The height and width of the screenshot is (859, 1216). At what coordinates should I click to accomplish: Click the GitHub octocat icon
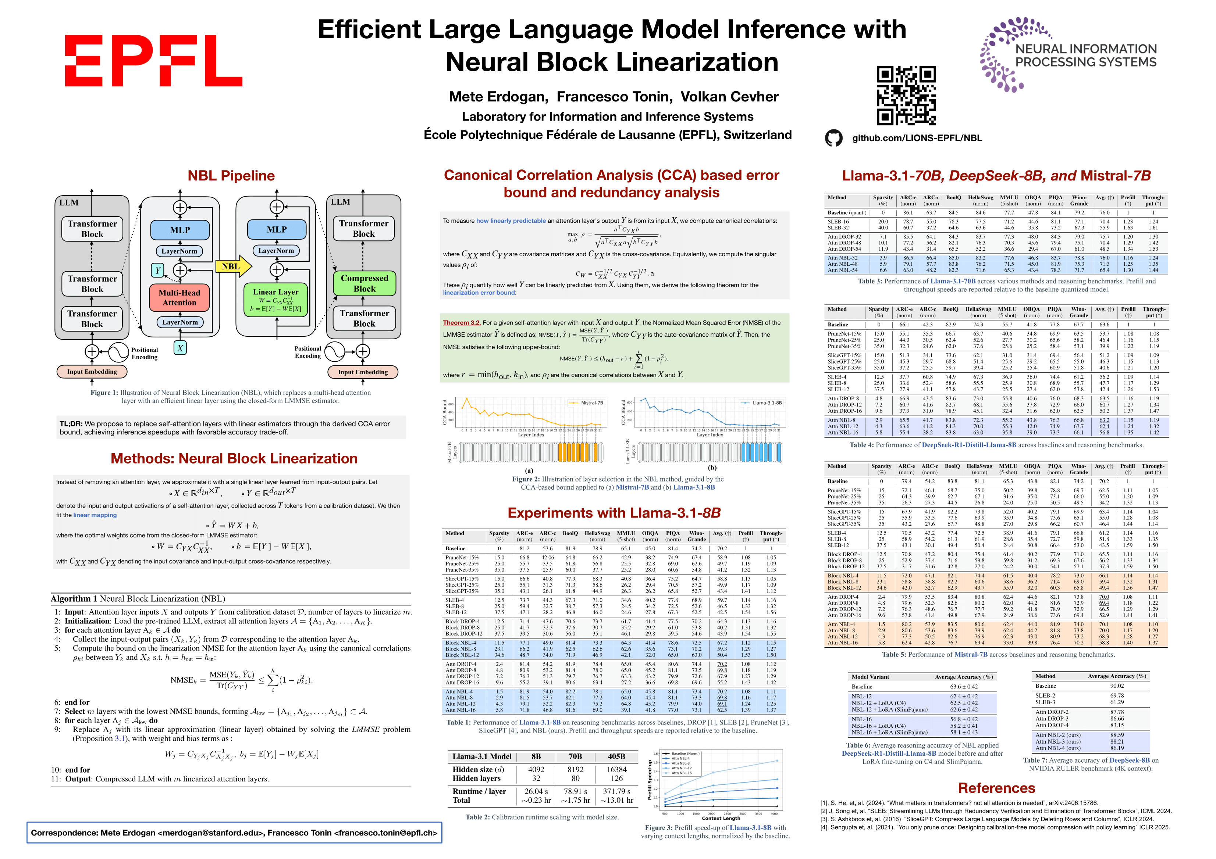tap(833, 138)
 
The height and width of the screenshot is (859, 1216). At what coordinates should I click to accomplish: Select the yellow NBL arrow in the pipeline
tap(232, 266)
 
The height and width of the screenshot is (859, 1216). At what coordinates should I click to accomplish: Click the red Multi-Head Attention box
tap(179, 297)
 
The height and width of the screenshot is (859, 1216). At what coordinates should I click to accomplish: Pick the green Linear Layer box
tap(275, 300)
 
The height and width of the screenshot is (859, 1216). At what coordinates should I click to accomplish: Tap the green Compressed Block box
tap(365, 283)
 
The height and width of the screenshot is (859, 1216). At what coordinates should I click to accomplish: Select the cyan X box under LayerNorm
tap(180, 348)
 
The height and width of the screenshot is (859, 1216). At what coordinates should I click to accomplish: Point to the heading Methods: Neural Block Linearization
tap(234, 458)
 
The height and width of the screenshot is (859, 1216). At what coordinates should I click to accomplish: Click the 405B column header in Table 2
tap(616, 756)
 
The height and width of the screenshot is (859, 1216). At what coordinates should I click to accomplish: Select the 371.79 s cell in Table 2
tap(616, 791)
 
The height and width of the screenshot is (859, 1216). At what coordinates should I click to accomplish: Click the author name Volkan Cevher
tap(729, 97)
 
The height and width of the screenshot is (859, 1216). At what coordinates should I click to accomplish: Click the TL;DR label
tap(71, 424)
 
